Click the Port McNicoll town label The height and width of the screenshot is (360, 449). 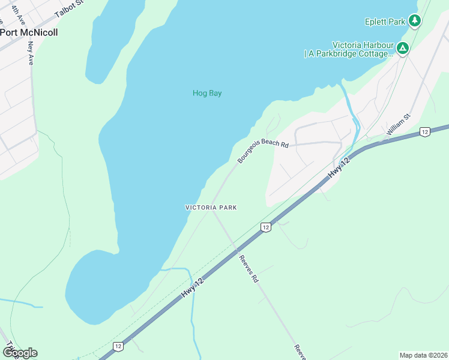[29, 32]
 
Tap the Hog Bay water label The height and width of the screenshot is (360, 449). [207, 93]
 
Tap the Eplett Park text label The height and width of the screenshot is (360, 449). [385, 22]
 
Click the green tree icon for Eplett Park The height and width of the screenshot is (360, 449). [414, 21]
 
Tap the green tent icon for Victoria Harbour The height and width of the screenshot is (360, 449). [403, 47]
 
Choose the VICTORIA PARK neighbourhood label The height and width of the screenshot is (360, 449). [211, 208]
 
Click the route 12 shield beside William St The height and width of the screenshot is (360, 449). [424, 131]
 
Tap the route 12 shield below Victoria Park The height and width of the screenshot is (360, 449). [265, 227]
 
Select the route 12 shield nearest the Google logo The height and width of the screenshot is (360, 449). [118, 346]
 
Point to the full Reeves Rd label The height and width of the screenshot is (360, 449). [248, 269]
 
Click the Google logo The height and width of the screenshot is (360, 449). [19, 352]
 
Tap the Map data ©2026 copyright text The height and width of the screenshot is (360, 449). [423, 355]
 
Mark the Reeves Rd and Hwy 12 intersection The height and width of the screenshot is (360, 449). [237, 248]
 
